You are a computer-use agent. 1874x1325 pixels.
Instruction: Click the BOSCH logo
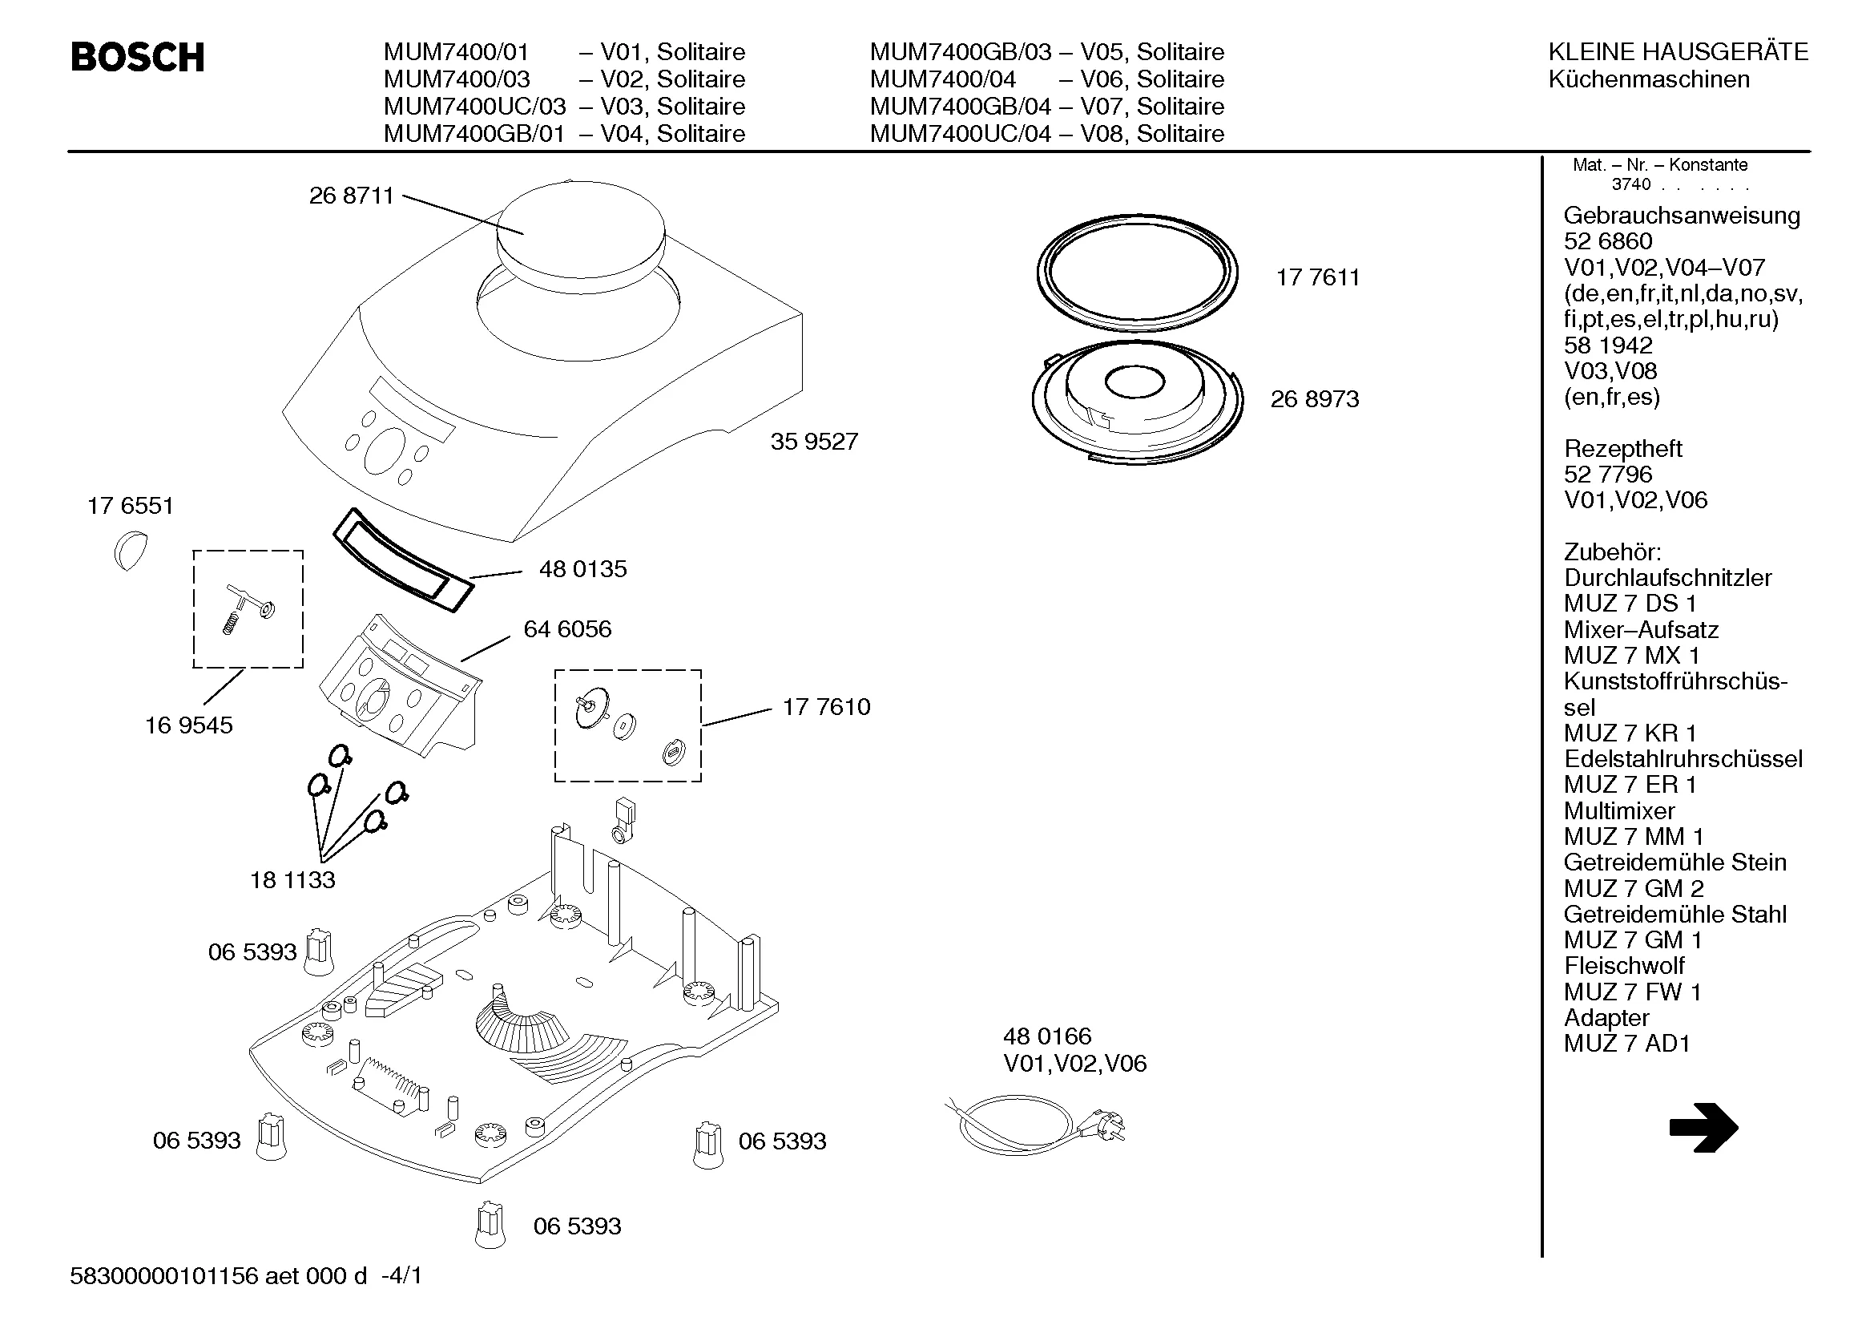(137, 57)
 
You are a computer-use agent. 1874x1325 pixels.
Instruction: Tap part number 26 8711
(351, 196)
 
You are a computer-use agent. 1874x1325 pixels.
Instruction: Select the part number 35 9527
(814, 442)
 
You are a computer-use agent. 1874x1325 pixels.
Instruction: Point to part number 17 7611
(1317, 277)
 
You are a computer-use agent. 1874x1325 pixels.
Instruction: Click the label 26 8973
(1314, 399)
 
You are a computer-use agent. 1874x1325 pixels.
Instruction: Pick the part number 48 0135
(582, 569)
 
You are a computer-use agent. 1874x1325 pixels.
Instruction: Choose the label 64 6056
(567, 629)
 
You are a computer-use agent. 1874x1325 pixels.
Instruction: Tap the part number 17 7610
(826, 707)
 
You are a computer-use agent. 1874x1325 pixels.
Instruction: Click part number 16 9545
(188, 725)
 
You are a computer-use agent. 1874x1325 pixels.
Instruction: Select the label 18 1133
(292, 880)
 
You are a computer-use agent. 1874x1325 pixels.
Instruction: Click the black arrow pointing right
(1703, 1128)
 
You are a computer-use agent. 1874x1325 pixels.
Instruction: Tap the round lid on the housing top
(580, 219)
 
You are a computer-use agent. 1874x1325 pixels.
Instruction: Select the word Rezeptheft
(1622, 449)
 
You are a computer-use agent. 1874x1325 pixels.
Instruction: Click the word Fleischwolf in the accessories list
(1623, 966)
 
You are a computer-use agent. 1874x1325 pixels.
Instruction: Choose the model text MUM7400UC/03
(474, 107)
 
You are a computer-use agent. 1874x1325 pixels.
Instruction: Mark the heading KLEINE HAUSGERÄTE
(1679, 52)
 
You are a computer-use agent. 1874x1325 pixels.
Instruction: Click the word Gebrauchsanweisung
(1682, 216)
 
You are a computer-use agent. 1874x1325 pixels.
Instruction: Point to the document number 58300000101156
(164, 1276)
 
